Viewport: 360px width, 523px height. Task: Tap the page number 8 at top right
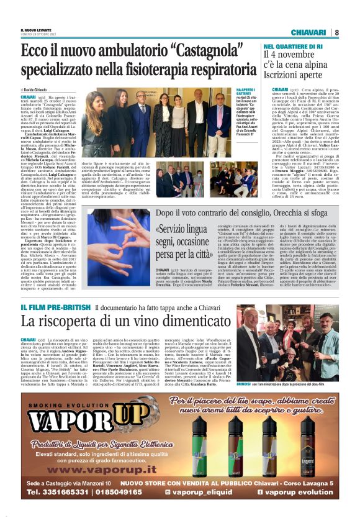point(336,32)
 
